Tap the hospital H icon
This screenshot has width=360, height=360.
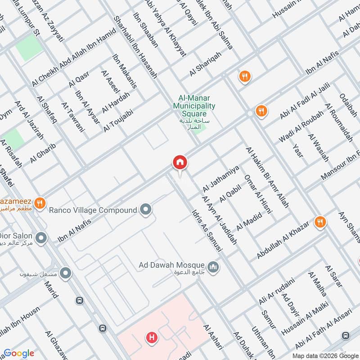[x=152, y=337]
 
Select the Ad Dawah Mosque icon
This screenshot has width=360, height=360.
[x=214, y=267]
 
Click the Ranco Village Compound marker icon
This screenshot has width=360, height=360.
[x=145, y=209]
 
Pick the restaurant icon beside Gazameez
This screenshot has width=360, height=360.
[x=40, y=203]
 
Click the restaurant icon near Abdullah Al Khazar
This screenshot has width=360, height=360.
[x=320, y=222]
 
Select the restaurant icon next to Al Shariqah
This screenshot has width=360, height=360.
[x=244, y=76]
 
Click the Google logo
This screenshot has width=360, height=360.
[x=19, y=353]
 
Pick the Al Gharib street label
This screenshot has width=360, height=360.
[x=43, y=153]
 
